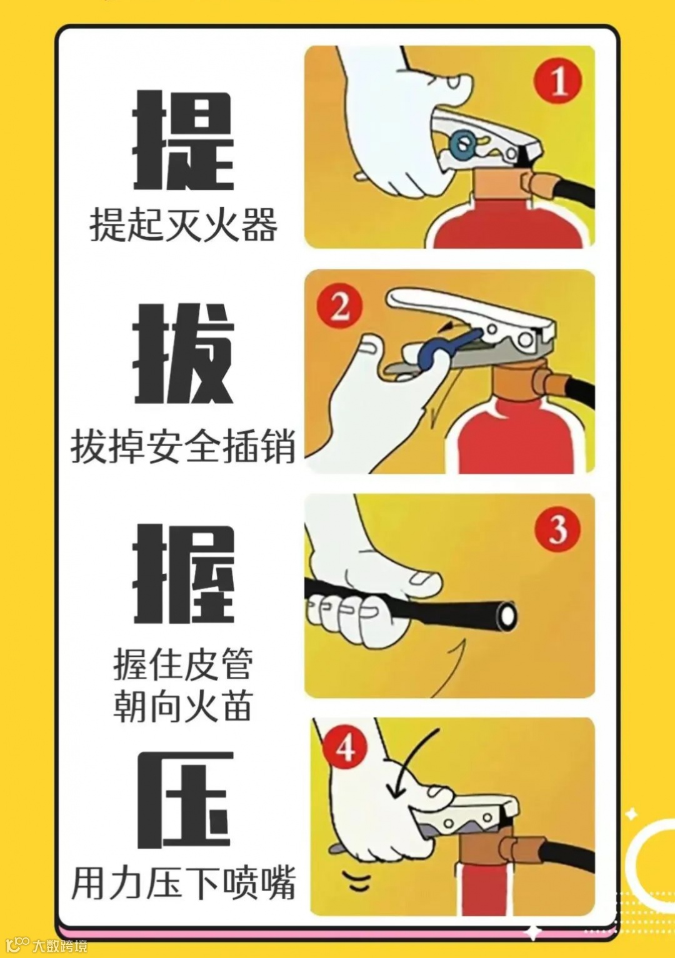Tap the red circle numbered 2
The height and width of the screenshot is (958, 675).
339,307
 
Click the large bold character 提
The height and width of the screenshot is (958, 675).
184,140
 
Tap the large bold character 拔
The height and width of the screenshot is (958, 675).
184,354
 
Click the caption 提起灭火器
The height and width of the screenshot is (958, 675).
184,224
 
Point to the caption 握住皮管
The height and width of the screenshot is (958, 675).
182,664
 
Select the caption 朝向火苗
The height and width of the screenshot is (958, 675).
182,705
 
